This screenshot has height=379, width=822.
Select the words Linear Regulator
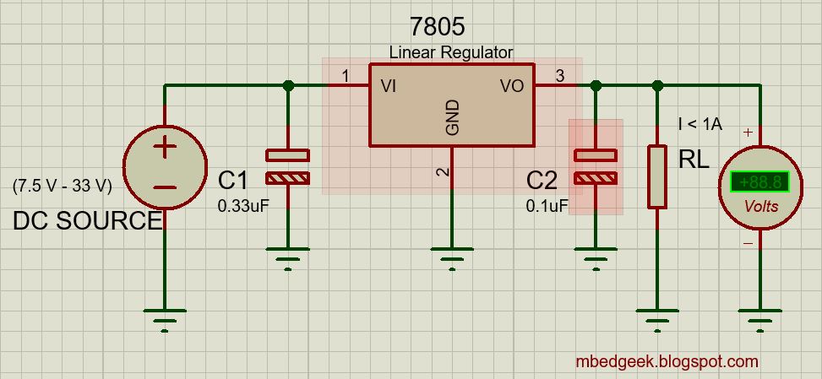[x=450, y=52]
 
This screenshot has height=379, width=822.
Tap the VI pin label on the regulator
[x=389, y=85]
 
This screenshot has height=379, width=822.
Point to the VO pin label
[x=512, y=85]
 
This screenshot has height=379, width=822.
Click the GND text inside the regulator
[x=452, y=117]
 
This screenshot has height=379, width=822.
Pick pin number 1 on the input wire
[x=345, y=76]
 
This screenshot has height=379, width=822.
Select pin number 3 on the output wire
[x=559, y=76]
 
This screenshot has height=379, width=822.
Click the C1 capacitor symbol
[x=288, y=166]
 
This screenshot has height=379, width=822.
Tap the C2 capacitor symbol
[x=596, y=166]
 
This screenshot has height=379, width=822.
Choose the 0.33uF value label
[x=242, y=205]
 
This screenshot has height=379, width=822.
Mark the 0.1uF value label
[x=547, y=205]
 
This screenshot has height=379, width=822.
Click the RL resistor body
[x=658, y=176]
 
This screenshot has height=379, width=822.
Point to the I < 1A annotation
[x=700, y=124]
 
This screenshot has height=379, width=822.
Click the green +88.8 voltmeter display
[x=759, y=181]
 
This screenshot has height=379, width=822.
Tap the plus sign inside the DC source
[x=165, y=149]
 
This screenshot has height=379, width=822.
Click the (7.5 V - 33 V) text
[x=63, y=186]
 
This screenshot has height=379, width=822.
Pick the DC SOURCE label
[x=87, y=221]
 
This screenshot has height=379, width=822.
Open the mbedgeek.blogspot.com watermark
[x=667, y=361]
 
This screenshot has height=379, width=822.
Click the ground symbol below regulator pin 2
[x=452, y=253]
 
